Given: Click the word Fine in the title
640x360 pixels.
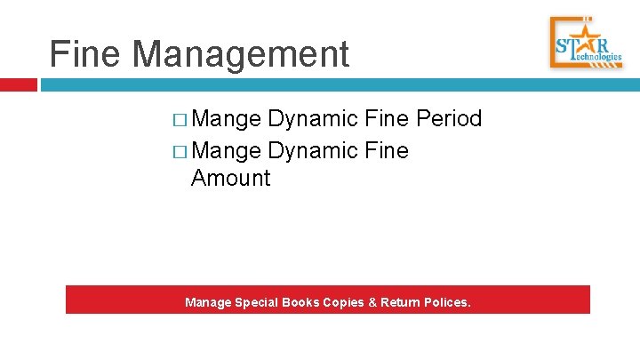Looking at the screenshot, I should click(85, 54).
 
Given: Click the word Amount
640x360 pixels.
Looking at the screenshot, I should click(230, 178).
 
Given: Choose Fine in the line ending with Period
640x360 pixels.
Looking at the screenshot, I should click(383, 119).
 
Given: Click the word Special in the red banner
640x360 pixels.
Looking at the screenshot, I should click(257, 303).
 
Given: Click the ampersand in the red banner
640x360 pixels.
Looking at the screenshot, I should click(372, 303).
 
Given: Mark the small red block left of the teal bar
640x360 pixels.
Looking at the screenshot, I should click(18, 85).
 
